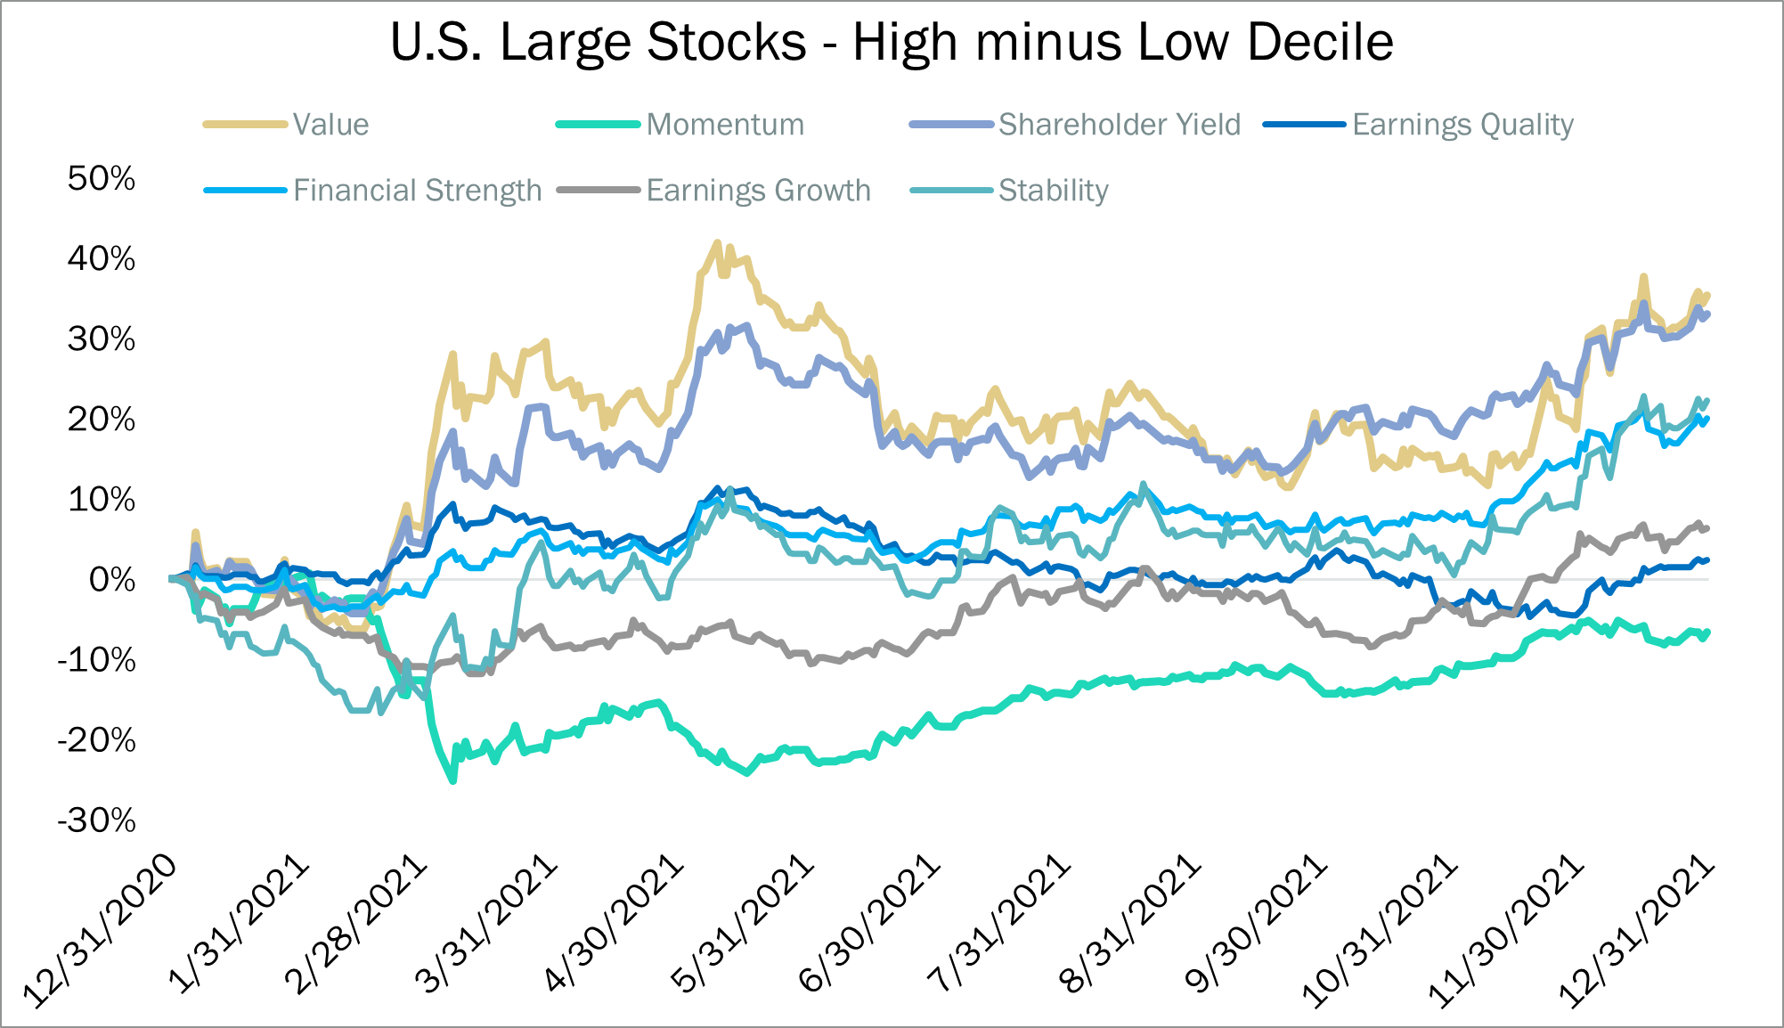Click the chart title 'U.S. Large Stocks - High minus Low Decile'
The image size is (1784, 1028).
click(x=892, y=42)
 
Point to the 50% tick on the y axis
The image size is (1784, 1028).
click(x=102, y=178)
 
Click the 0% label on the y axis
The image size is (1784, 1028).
click(x=112, y=580)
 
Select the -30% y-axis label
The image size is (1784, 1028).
click(x=97, y=820)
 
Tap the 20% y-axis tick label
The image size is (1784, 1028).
click(x=102, y=419)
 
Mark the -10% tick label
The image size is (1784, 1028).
click(x=97, y=660)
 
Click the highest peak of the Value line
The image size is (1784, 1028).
click(x=718, y=241)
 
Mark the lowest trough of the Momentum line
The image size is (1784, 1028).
click(x=453, y=781)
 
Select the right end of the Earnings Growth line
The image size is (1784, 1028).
click(x=1707, y=529)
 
